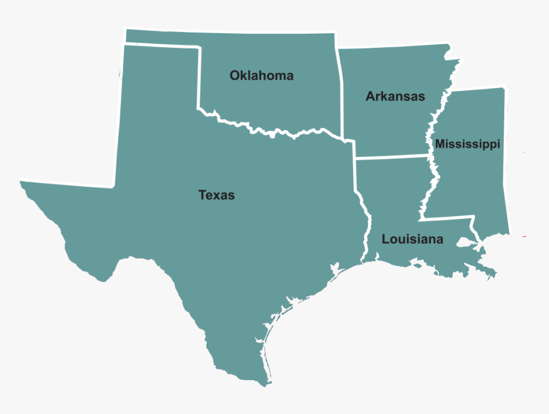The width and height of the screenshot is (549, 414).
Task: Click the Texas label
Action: [216, 195]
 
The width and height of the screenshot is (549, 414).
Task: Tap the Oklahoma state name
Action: [262, 76]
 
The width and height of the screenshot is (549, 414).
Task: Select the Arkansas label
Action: [395, 97]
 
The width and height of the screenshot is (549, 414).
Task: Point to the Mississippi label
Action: [467, 145]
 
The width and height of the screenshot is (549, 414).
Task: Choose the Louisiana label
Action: [412, 240]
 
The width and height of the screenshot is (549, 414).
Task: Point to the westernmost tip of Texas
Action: [21, 182]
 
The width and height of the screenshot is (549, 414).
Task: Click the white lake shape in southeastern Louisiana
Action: [464, 244]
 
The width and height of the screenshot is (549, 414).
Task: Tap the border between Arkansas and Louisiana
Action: [389, 156]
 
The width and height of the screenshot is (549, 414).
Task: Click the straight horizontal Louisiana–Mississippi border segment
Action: [447, 218]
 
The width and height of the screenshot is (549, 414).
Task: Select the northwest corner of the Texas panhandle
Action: [123, 45]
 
